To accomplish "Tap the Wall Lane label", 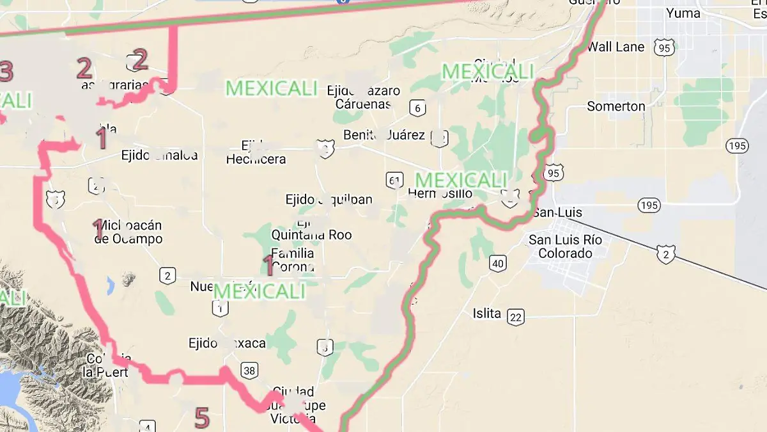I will (616, 47).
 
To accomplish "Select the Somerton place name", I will (616, 106).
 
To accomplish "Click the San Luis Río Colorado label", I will (565, 246).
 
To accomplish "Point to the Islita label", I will (487, 314).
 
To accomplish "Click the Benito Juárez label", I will (384, 135).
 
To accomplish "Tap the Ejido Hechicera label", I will (256, 153).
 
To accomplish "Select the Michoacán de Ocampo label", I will (128, 232).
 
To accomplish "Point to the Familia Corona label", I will (293, 259).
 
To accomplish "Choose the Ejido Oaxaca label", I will (227, 344).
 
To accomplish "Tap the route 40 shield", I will (498, 263).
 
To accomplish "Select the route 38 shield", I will (249, 370).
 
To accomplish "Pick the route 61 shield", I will (394, 180).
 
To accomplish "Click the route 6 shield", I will (418, 108).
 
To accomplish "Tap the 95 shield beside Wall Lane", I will (664, 47).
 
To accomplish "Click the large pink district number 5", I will (201, 418).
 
